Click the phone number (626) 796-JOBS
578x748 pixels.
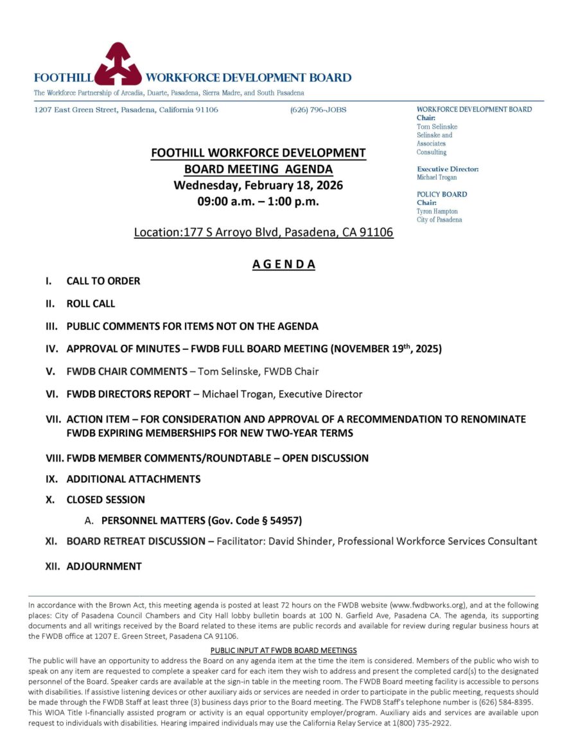click(x=318, y=110)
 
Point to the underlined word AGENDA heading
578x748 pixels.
click(x=284, y=264)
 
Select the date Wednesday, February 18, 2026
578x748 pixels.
click(x=258, y=186)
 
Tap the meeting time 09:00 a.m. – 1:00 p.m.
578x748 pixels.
click(x=258, y=201)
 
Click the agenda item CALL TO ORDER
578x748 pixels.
click(x=103, y=281)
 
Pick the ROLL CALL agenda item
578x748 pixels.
click(x=91, y=303)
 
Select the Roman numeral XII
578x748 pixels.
click(x=52, y=566)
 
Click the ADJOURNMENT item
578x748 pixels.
click(x=104, y=566)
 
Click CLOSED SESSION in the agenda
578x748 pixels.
click(x=106, y=500)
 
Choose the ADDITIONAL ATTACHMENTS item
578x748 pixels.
click(x=134, y=479)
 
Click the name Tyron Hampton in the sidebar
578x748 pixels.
click(x=437, y=211)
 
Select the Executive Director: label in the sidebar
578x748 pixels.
click(x=448, y=169)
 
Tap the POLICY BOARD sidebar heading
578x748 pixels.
click(x=442, y=194)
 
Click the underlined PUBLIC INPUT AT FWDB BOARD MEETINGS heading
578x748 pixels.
click(x=284, y=650)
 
